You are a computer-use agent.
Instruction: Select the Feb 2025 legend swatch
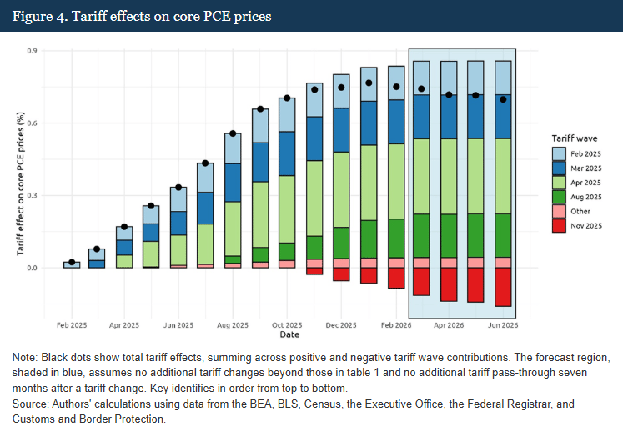click(x=560, y=153)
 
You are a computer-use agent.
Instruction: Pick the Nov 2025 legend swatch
click(x=560, y=225)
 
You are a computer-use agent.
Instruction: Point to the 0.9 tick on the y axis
click(x=33, y=51)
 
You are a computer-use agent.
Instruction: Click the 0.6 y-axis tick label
click(x=33, y=123)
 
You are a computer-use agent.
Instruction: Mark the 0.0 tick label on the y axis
click(x=33, y=268)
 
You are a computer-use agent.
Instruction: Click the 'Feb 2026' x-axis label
click(x=396, y=324)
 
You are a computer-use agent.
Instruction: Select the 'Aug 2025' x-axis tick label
click(x=233, y=324)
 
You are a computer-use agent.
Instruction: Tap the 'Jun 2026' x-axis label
click(x=503, y=324)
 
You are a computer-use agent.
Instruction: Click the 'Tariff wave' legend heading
click(x=575, y=138)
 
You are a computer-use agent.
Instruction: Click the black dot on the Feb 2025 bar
click(x=72, y=263)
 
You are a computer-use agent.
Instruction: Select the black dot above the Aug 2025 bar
click(x=233, y=133)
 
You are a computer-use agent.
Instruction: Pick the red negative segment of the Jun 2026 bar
click(x=503, y=287)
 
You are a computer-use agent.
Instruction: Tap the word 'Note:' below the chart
click(x=26, y=357)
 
